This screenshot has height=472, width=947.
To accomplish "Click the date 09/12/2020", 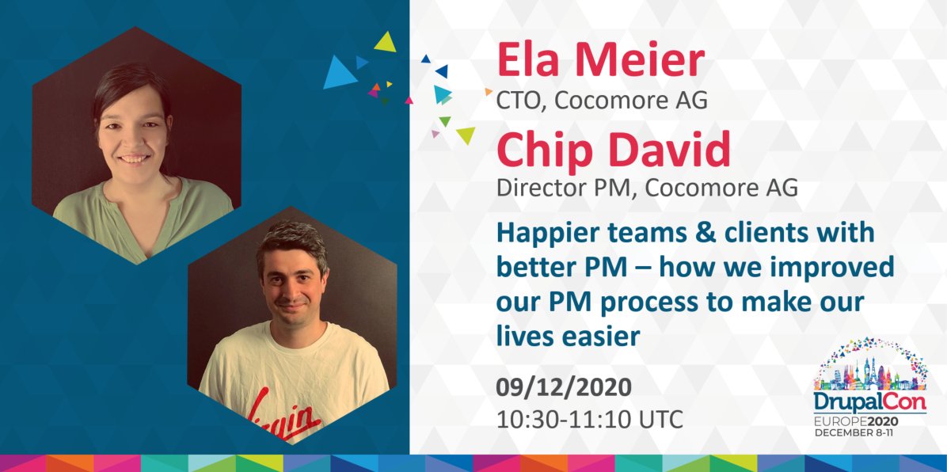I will [x=564, y=388].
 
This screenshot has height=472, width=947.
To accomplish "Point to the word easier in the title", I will [x=599, y=336].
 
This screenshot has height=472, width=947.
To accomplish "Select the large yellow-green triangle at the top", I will [x=386, y=41].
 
